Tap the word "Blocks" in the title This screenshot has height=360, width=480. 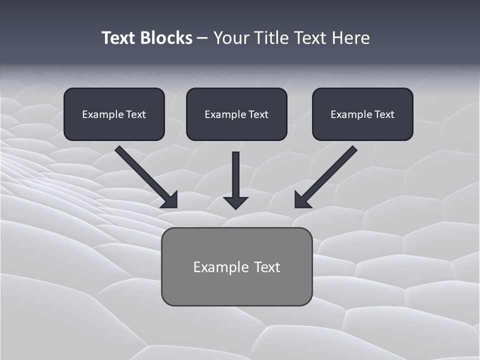(166, 38)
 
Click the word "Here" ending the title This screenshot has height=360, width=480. (352, 38)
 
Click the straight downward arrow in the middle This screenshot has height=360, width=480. (235, 175)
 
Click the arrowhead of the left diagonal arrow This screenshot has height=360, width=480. (170, 200)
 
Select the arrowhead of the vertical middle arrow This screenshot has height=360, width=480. (235, 202)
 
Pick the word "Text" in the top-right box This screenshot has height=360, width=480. (383, 114)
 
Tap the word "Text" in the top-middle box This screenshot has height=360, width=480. (257, 114)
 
